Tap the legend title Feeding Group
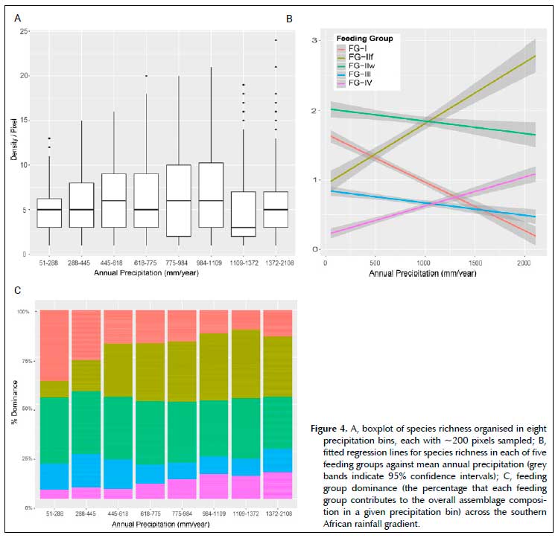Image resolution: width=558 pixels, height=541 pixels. pyautogui.click(x=364, y=38)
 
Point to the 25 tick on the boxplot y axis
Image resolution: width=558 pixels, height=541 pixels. pyautogui.click(x=25, y=31)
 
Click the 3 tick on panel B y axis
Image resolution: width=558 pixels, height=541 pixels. pyautogui.click(x=315, y=40)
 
